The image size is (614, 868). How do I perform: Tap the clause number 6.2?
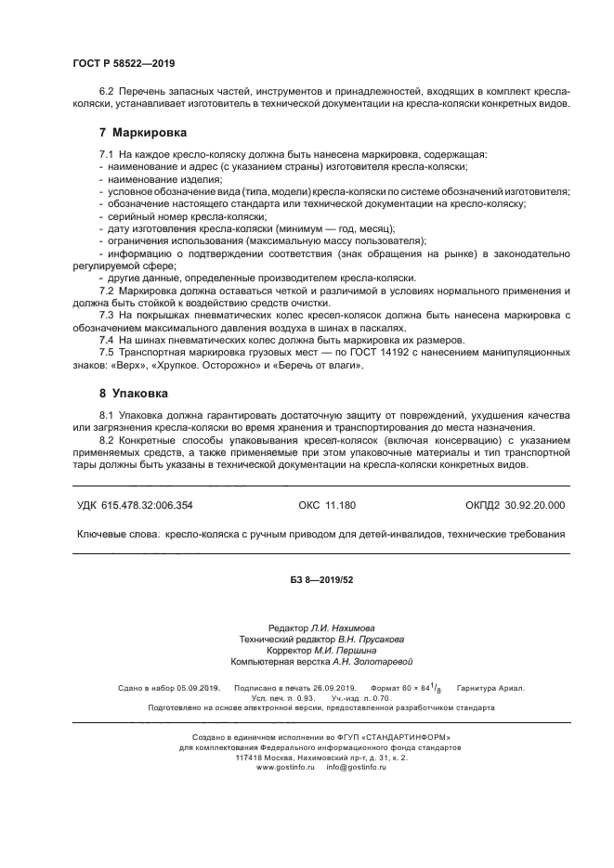(108, 93)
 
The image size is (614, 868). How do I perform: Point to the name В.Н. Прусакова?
(372, 640)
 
